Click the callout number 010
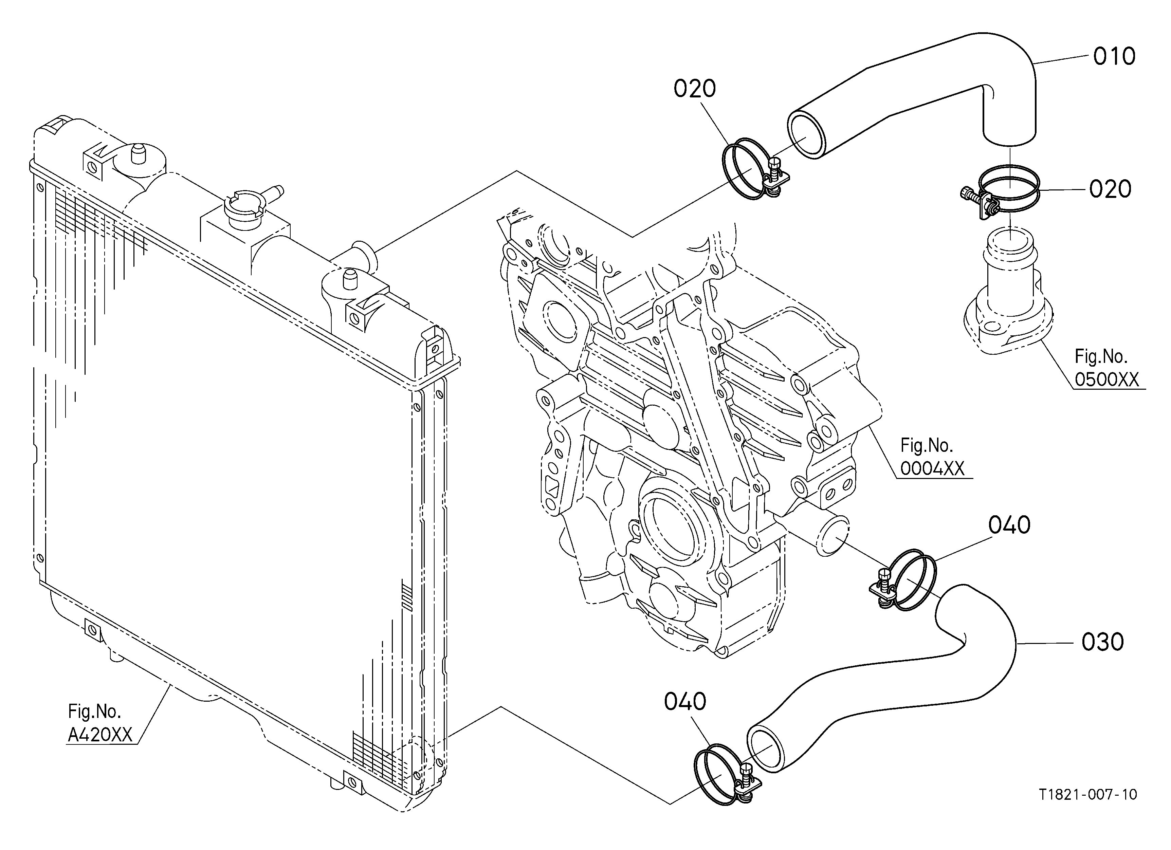(1114, 56)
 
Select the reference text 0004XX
(932, 468)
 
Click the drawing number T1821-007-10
(1089, 794)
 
